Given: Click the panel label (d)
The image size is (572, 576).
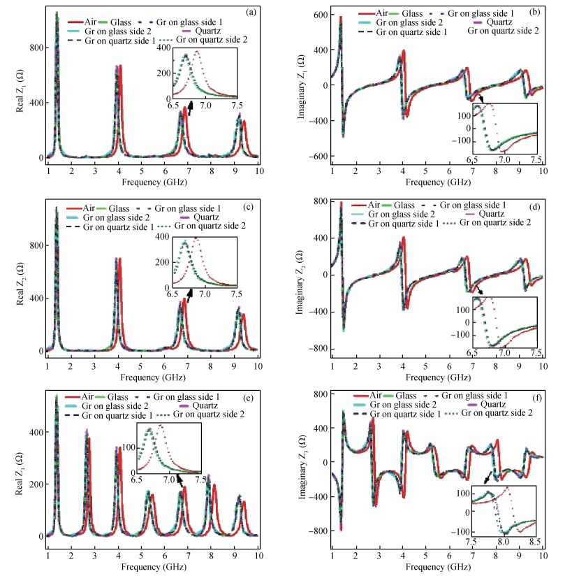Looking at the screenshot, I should [534, 206].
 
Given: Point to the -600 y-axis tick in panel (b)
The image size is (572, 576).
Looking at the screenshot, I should [316, 157].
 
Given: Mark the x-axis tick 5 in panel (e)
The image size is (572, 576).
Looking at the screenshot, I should [141, 548].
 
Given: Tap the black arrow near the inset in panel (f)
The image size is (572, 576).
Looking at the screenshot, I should [486, 477].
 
